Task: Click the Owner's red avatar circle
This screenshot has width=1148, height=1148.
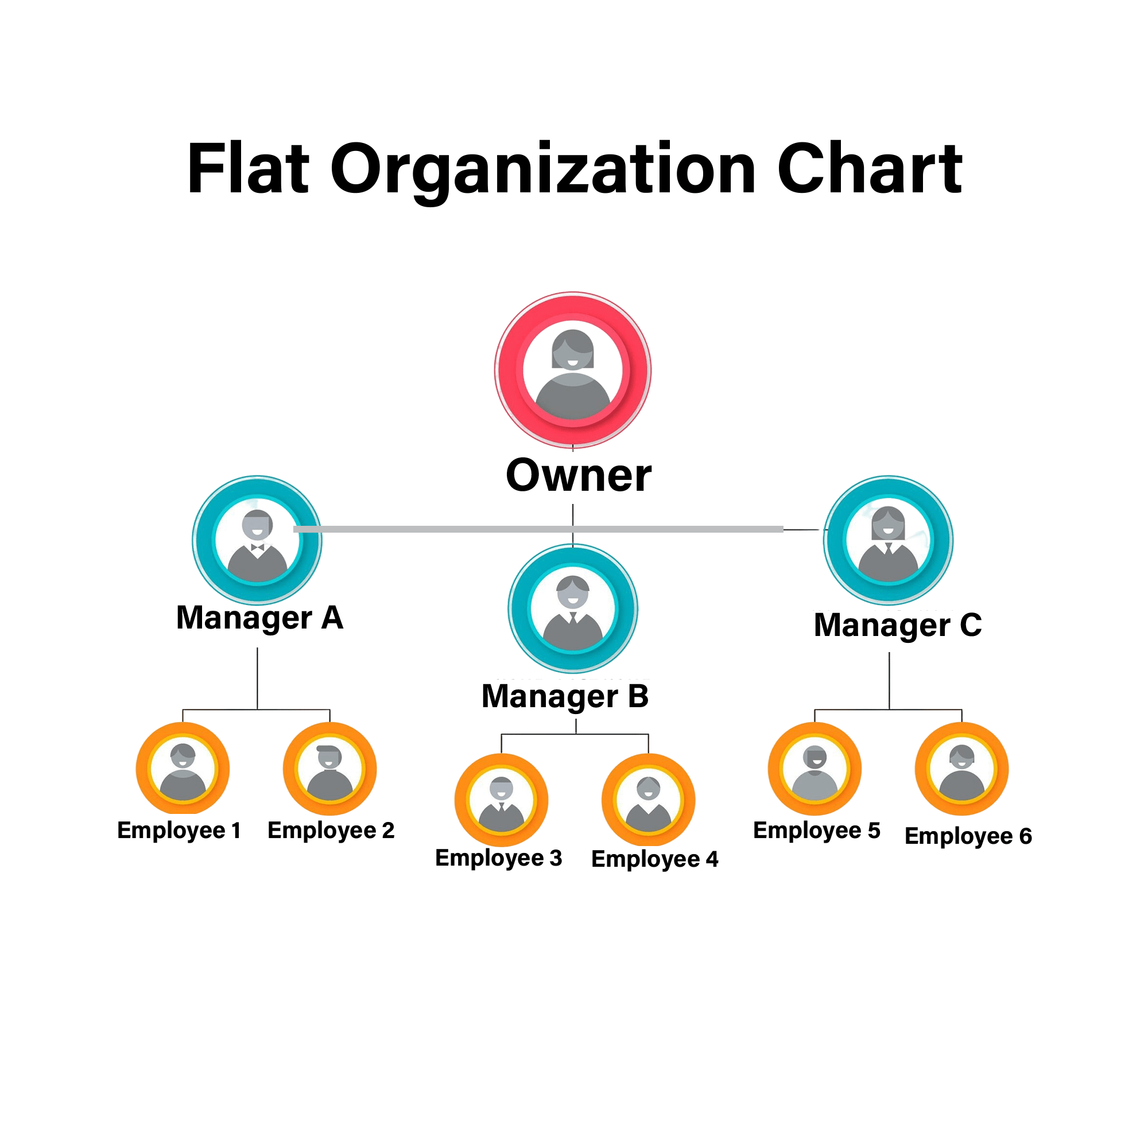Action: [573, 370]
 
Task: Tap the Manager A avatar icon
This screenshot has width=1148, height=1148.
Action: [257, 540]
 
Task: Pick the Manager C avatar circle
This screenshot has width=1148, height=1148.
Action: [889, 540]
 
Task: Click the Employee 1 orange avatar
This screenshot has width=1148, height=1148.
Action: [183, 769]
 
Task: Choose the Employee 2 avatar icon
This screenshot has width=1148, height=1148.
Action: [330, 769]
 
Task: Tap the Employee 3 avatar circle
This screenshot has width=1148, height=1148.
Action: [502, 800]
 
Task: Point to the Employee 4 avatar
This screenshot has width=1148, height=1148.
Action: [648, 800]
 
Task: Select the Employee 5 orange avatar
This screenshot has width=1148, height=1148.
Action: [815, 769]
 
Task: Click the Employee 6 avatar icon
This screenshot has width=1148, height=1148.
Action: [962, 769]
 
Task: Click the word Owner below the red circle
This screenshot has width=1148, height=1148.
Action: [579, 476]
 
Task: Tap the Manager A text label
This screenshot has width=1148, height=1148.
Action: [259, 619]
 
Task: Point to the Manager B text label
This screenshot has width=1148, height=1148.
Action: [565, 697]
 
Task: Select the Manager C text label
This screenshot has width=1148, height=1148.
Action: [898, 626]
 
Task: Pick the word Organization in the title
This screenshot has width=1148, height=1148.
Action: [543, 172]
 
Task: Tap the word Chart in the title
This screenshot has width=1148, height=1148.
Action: [870, 169]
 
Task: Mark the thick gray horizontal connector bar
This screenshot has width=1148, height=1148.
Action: [538, 529]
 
